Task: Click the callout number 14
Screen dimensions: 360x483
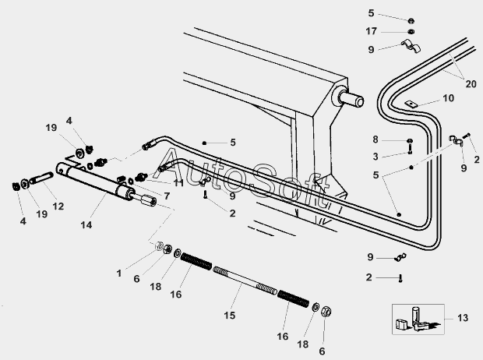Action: tap(86, 225)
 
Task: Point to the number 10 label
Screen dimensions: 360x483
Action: tap(447, 98)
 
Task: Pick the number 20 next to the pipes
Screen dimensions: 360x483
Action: tap(470, 84)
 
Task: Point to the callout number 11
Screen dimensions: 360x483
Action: tap(178, 182)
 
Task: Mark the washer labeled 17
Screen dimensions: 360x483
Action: tap(410, 32)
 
